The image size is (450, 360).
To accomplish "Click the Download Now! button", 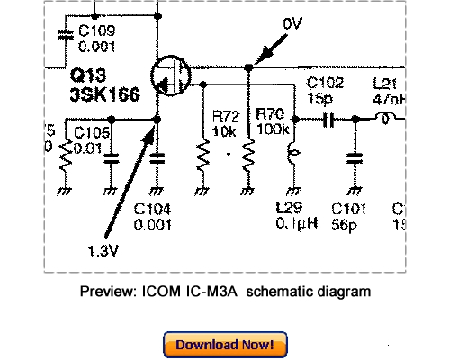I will point(225,345).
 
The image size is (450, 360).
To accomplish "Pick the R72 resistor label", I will point(225,116).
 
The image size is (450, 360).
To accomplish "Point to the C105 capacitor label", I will point(93,134).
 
